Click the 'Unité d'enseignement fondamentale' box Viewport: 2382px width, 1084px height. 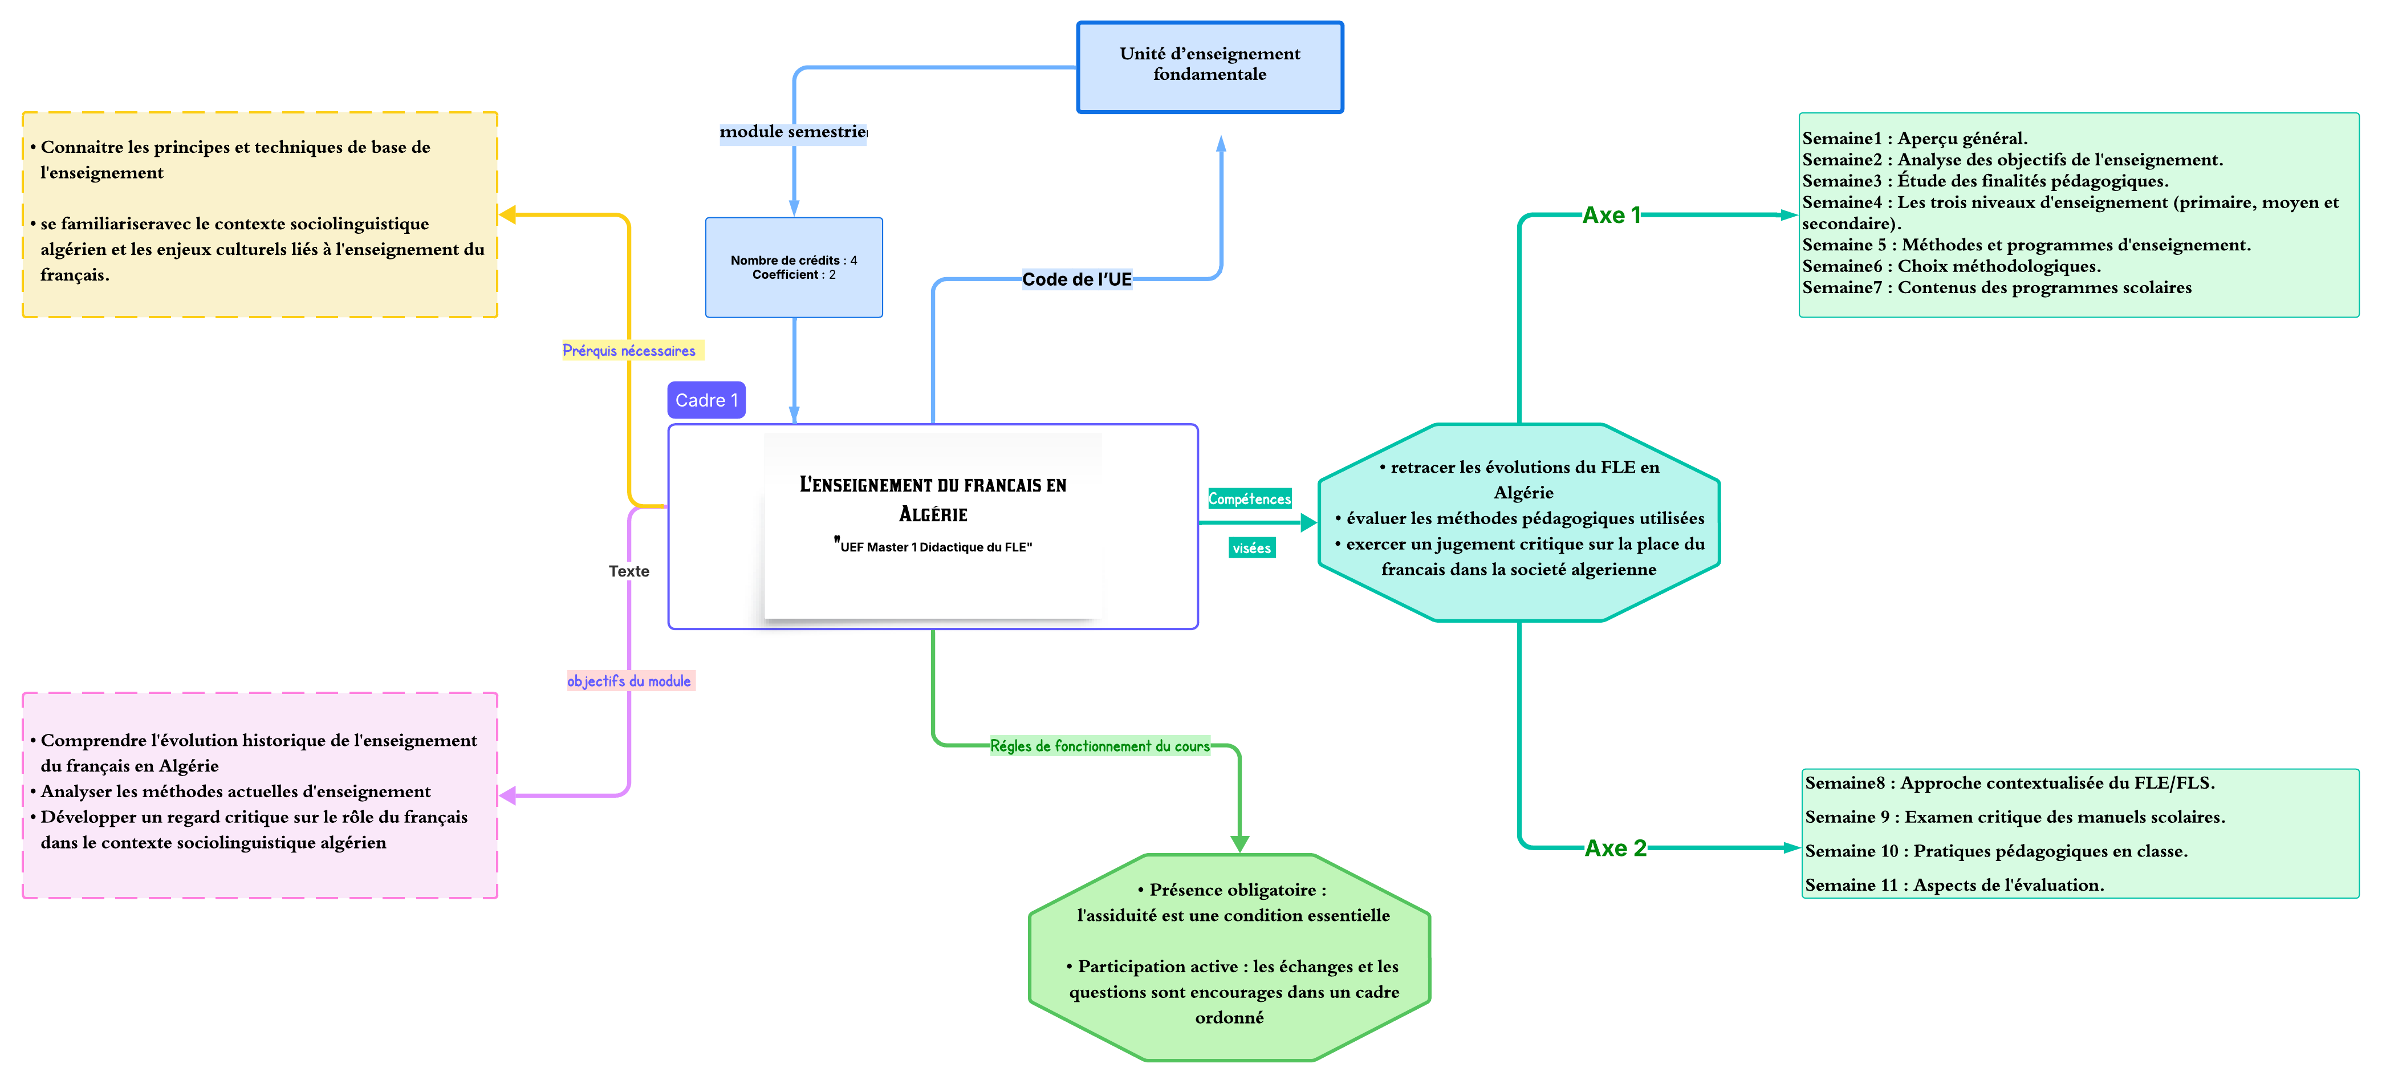click(1209, 67)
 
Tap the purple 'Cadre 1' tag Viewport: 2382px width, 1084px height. click(706, 400)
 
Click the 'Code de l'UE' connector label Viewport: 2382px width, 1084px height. click(1076, 279)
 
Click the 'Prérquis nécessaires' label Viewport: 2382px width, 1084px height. click(630, 351)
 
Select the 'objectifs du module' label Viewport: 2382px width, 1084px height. click(630, 681)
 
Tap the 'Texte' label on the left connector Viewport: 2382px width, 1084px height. click(629, 571)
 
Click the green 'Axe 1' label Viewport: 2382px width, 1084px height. click(1611, 216)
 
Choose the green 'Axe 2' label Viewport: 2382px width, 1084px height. click(1615, 848)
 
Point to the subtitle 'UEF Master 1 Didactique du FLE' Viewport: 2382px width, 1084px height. click(935, 547)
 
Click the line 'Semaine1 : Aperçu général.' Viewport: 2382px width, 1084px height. click(1914, 139)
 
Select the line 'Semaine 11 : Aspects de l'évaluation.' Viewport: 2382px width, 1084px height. click(1954, 885)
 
